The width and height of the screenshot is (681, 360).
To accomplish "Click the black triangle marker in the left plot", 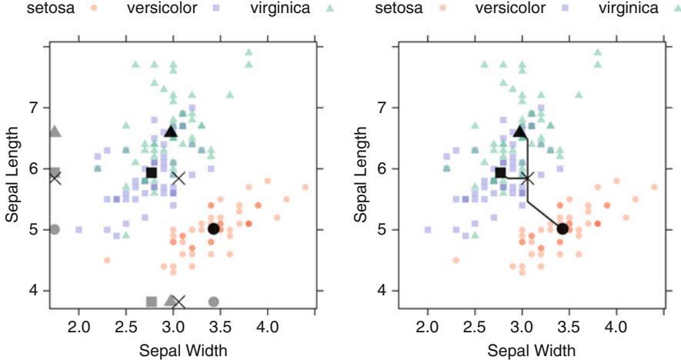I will [x=171, y=132].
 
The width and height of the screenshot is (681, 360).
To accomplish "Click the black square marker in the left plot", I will [x=152, y=173].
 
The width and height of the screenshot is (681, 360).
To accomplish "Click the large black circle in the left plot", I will [x=214, y=228].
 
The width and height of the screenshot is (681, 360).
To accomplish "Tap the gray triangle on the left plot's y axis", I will [x=55, y=132].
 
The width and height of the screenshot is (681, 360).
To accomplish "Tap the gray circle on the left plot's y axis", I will [x=55, y=229].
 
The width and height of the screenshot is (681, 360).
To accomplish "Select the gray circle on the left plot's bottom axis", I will [x=214, y=301].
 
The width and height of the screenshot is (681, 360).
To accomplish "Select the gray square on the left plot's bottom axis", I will [x=152, y=301].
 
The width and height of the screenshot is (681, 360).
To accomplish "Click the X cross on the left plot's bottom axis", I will [x=179, y=301].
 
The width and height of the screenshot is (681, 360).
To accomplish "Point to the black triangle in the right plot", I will [x=520, y=132].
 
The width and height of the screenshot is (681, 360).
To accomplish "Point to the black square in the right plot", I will [x=501, y=173].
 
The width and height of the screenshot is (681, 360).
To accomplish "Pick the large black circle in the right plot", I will [x=562, y=228].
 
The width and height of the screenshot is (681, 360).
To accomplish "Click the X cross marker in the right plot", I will [x=528, y=178].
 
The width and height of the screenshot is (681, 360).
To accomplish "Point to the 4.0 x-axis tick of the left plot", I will [x=267, y=328].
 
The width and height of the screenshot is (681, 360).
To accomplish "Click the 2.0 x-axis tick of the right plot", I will [x=427, y=328].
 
